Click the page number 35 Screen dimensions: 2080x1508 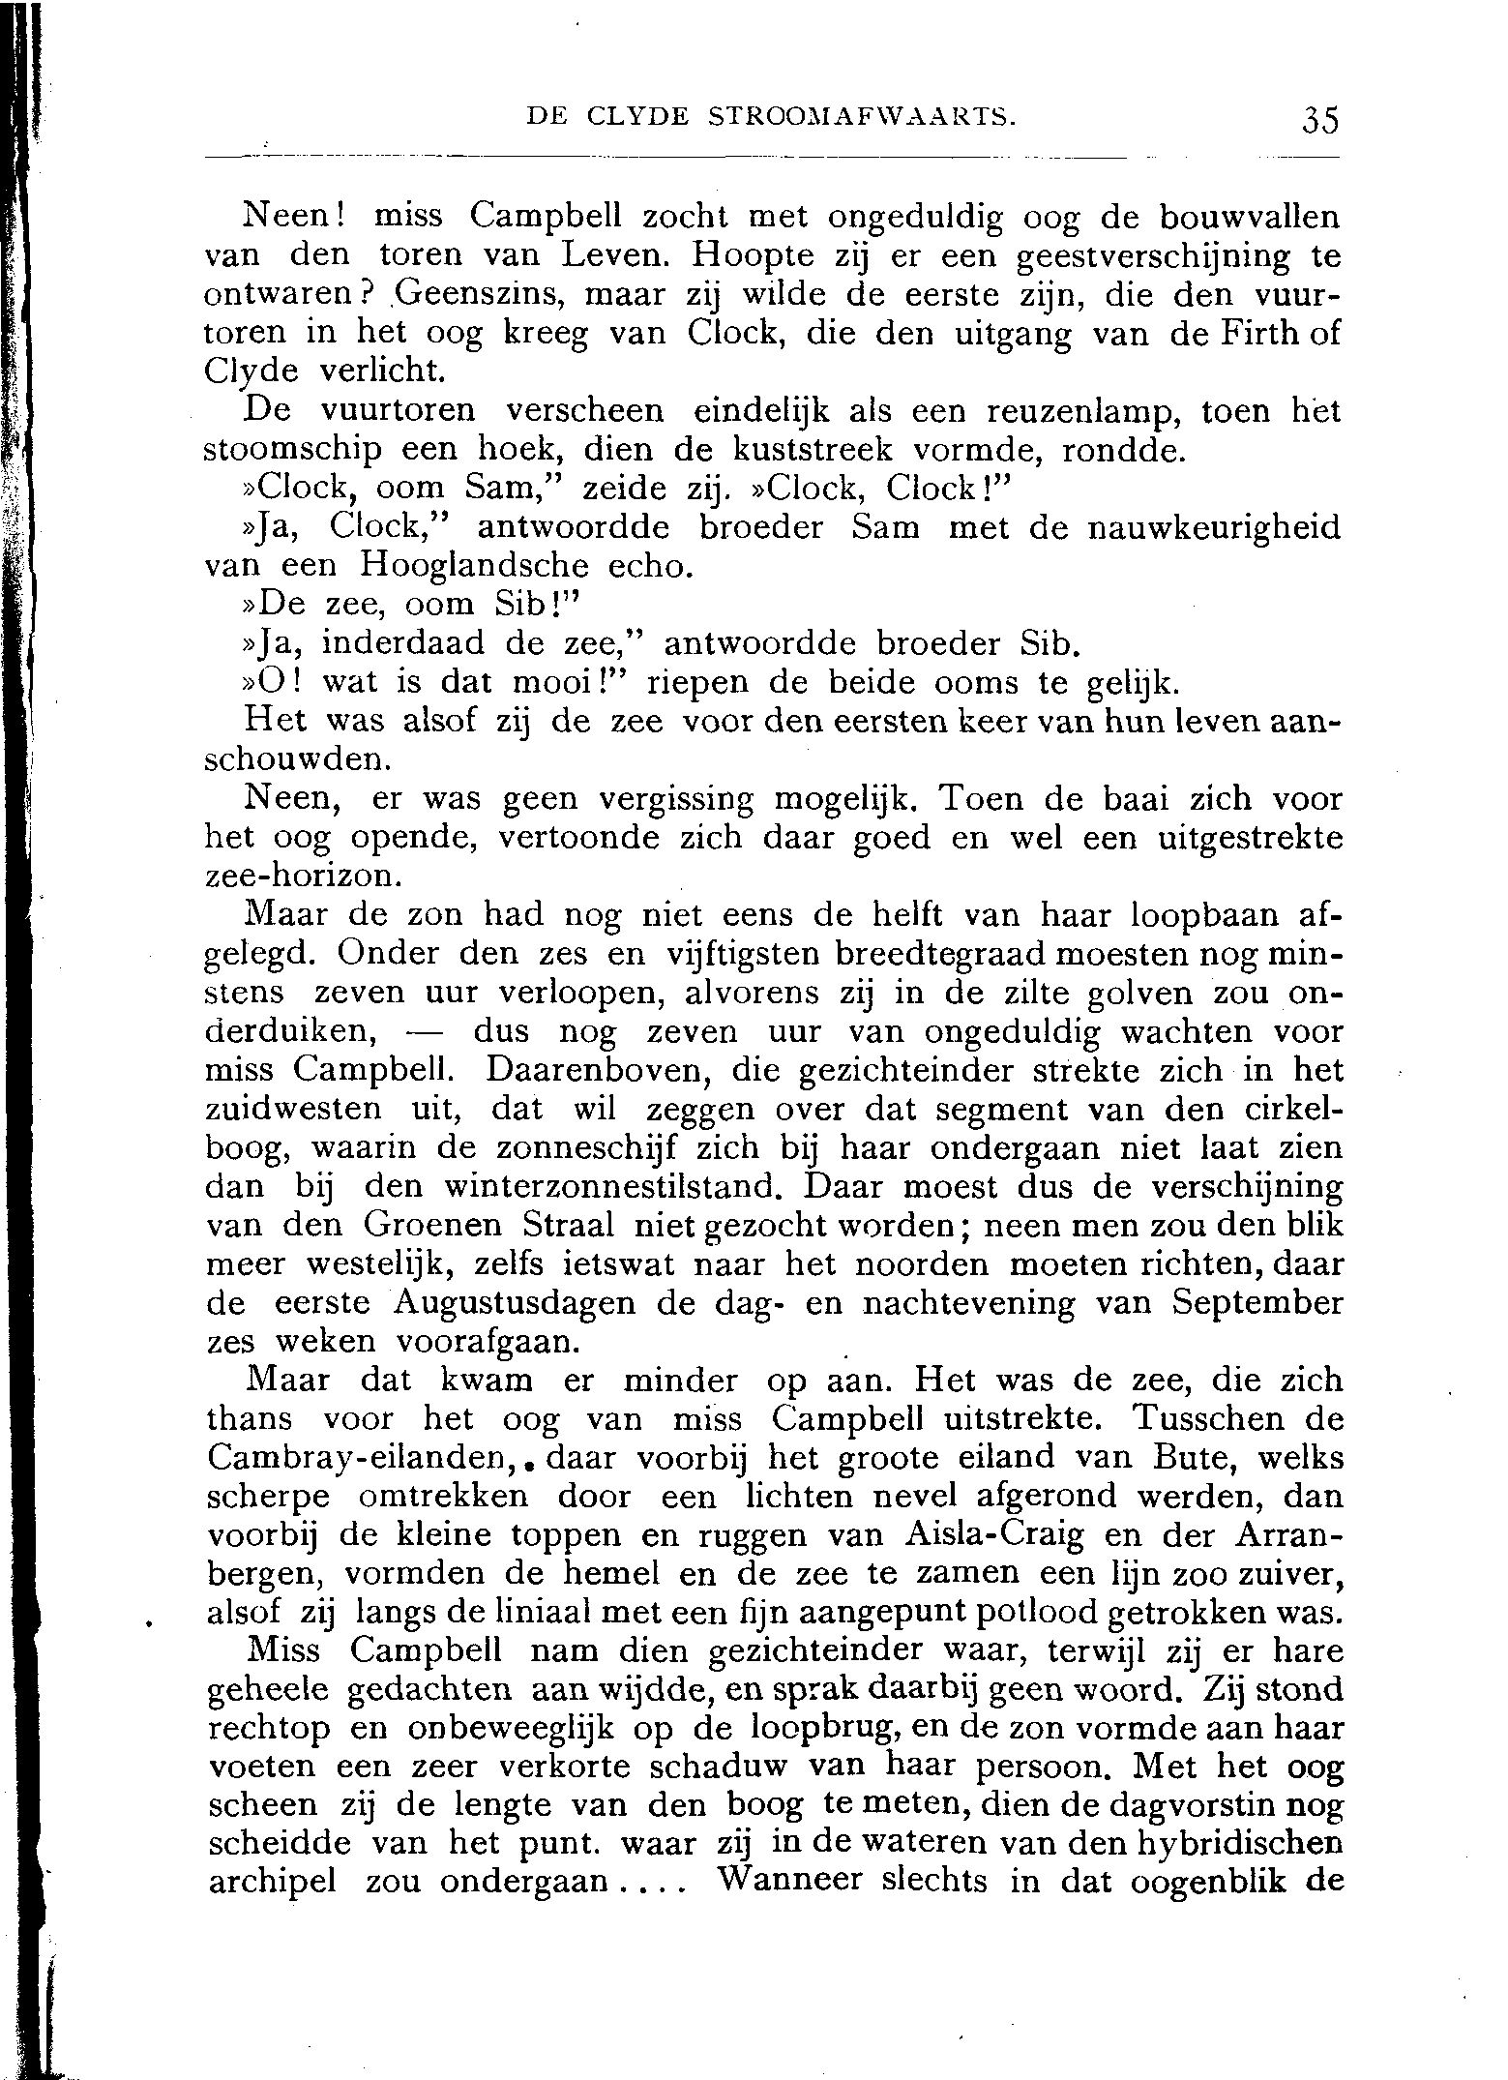click(x=1319, y=122)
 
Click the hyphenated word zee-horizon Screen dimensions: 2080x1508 click(x=302, y=877)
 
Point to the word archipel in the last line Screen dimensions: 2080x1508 click(x=272, y=1885)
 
